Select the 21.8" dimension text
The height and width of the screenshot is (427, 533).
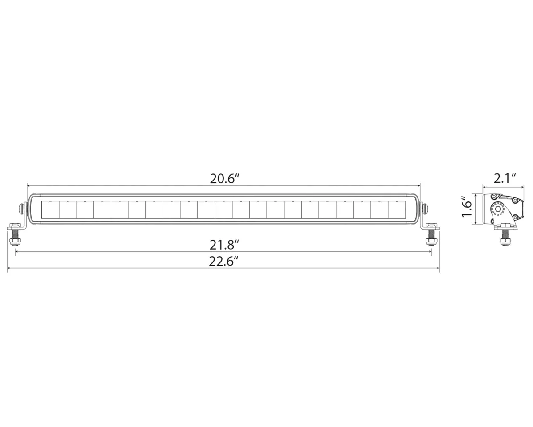click(224, 244)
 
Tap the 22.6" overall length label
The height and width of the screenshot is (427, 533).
click(224, 261)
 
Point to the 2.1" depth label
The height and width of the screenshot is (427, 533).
click(505, 178)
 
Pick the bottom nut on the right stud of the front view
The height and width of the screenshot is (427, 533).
click(430, 242)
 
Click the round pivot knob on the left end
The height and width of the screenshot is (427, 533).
click(21, 208)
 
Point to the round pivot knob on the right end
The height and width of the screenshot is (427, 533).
click(426, 208)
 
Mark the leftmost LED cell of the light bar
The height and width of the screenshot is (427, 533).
click(50, 209)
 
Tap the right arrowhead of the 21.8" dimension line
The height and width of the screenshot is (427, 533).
click(430, 252)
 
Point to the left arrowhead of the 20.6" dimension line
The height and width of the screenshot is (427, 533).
click(29, 185)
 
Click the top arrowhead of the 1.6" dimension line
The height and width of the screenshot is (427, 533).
click(477, 195)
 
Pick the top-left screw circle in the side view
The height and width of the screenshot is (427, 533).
click(493, 197)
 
